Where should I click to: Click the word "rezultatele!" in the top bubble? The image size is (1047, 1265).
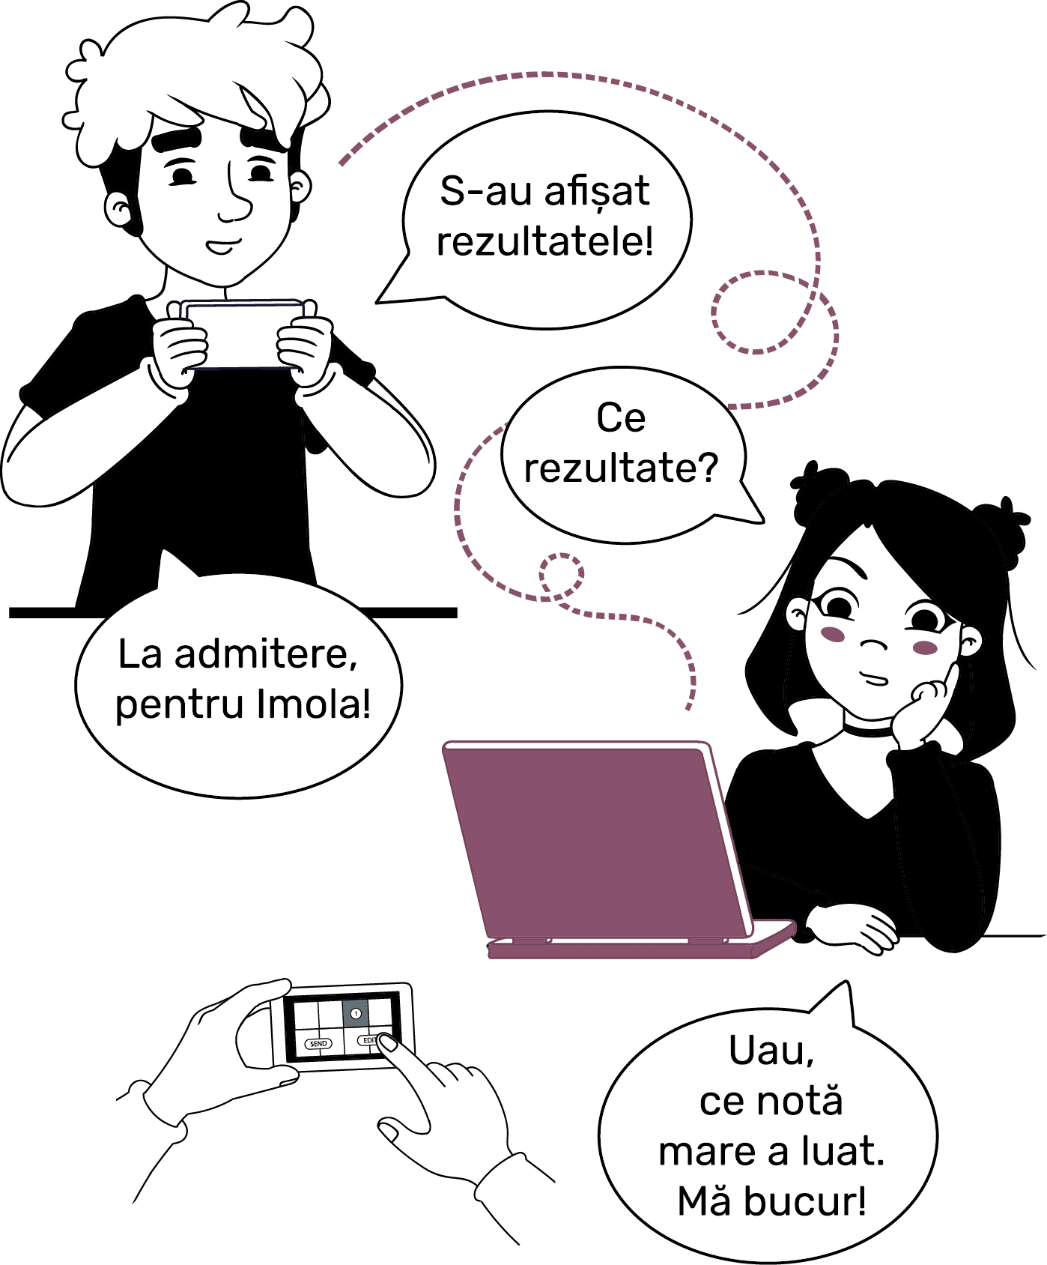tap(545, 242)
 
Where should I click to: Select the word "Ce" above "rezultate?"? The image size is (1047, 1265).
tap(621, 417)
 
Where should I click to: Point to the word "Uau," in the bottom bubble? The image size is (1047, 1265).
tap(771, 1051)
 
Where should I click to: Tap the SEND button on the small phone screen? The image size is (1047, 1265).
tap(318, 1044)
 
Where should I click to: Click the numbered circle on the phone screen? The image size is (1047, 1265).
tap(356, 1014)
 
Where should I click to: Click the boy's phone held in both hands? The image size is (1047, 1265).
tap(241, 334)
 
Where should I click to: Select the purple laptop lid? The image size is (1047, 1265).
tap(595, 839)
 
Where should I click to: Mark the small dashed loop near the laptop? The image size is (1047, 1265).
tap(562, 576)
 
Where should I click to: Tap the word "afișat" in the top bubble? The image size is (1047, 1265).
tap(597, 192)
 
